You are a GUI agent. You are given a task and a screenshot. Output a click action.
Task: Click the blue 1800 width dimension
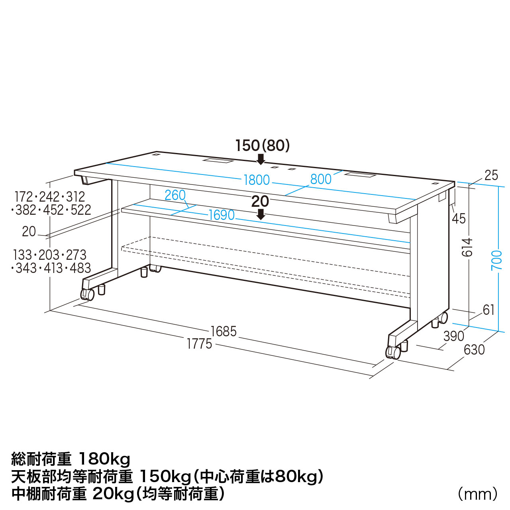257,180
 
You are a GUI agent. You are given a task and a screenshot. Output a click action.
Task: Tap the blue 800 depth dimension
321,179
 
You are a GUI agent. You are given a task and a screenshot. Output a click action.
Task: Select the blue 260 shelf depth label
175,195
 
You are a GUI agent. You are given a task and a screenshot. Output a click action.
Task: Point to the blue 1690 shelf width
222,215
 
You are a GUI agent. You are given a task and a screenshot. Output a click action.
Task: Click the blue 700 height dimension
496,260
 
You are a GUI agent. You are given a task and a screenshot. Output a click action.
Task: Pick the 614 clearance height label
467,247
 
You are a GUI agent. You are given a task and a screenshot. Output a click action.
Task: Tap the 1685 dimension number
224,331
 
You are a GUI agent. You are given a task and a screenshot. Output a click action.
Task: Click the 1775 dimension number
200,344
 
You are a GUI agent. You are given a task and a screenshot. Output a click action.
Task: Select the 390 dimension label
454,336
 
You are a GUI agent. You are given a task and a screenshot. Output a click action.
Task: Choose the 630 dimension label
474,349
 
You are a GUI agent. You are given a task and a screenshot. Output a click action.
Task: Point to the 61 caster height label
488,310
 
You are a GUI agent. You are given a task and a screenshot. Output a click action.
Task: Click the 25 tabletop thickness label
491,175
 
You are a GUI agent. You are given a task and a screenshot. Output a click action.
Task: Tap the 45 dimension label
459,219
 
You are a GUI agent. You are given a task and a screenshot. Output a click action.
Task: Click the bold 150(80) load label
263,146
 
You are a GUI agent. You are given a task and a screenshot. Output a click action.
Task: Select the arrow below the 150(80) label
261,159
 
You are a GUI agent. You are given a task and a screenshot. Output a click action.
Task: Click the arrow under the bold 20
261,214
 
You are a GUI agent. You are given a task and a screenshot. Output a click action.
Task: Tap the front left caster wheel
88,294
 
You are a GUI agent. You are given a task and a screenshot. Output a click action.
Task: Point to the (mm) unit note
478,494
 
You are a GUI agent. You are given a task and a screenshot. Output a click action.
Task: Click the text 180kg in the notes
105,460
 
